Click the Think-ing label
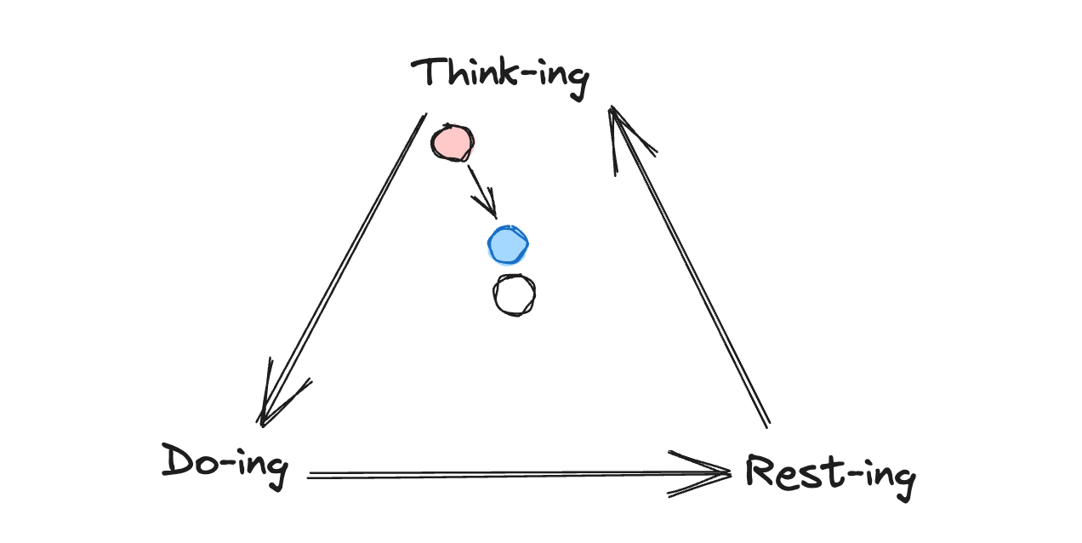(499, 75)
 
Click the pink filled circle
(451, 143)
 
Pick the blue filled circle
(508, 245)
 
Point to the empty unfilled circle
(514, 295)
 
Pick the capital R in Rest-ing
(760, 471)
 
